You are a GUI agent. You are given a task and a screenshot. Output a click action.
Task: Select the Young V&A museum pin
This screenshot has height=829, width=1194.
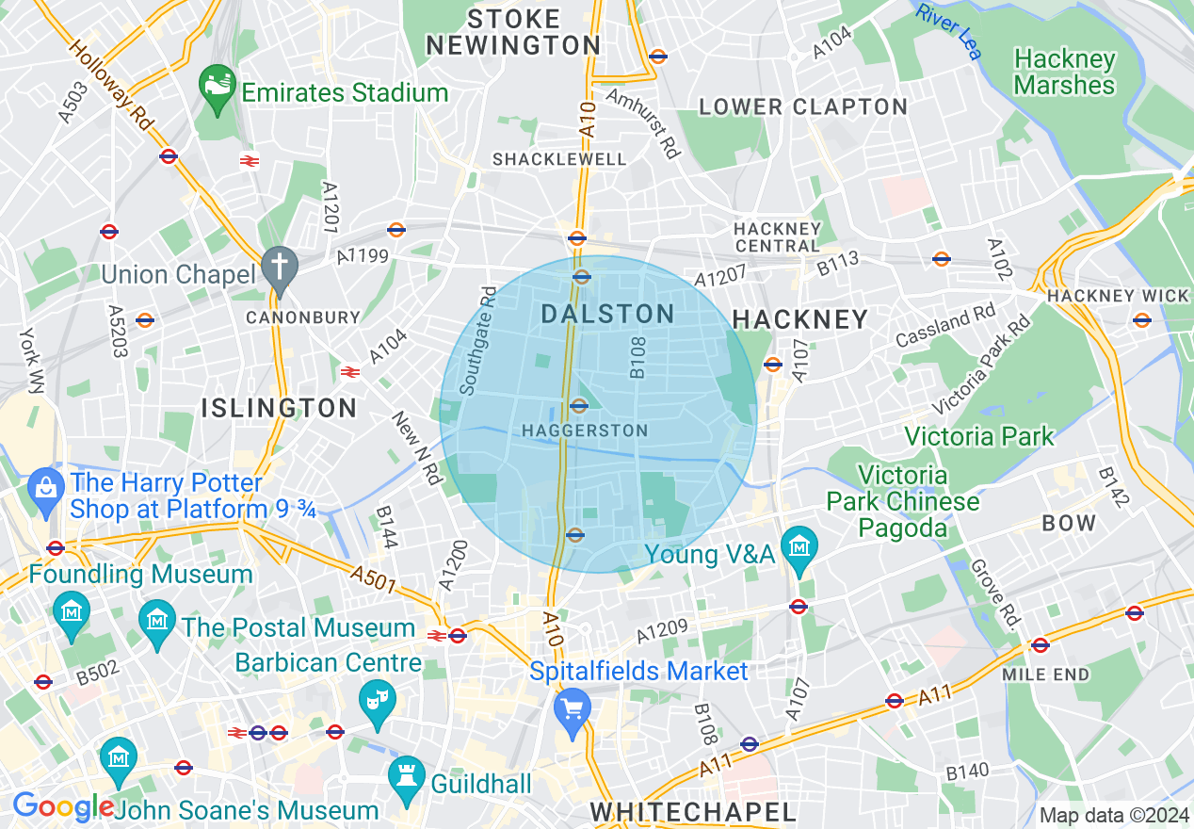[x=799, y=547]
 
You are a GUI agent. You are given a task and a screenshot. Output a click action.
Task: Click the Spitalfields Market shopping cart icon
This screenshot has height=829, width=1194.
[x=572, y=706]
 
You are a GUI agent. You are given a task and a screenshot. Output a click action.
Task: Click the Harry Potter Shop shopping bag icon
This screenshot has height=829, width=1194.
[x=45, y=489]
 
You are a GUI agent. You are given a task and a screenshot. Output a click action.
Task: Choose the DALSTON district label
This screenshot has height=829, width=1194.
[x=608, y=315]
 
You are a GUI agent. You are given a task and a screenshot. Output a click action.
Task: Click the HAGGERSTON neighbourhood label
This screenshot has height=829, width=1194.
[x=584, y=431]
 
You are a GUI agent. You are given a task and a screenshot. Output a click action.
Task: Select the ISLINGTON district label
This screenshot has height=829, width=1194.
[x=279, y=408]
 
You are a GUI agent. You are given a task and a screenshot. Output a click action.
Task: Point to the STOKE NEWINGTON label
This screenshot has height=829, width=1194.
[x=513, y=32]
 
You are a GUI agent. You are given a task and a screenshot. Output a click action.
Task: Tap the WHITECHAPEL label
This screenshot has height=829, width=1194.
[x=692, y=812]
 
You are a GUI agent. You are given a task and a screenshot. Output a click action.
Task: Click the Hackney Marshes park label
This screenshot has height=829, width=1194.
[x=1064, y=73]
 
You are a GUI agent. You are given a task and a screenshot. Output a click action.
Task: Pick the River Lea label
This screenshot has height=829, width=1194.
[x=949, y=30]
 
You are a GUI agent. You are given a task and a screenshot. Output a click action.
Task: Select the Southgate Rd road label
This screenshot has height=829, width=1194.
[x=476, y=341]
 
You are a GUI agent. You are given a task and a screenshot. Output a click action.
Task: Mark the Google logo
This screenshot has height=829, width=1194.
[x=62, y=806]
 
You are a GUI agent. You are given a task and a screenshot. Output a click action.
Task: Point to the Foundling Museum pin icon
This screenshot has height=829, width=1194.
[x=72, y=610]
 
